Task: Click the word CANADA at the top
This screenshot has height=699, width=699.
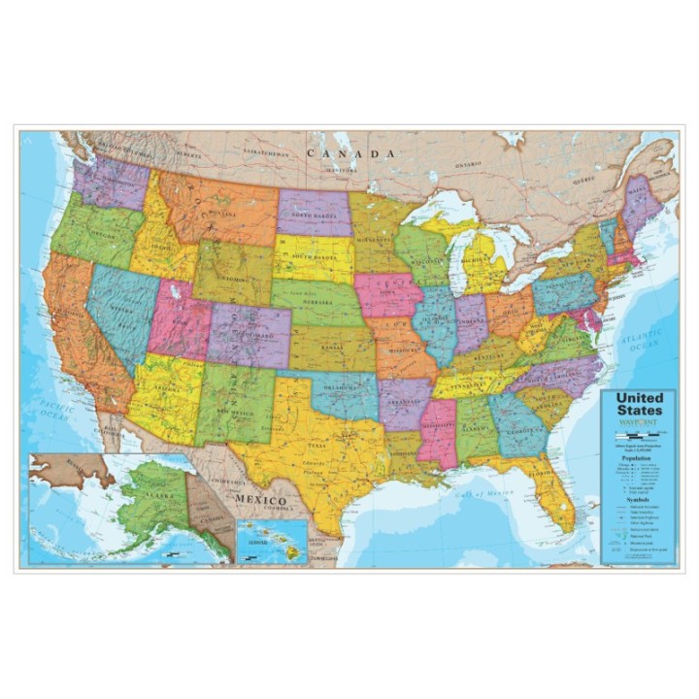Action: [350, 153]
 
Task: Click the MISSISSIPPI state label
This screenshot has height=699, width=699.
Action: [437, 428]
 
